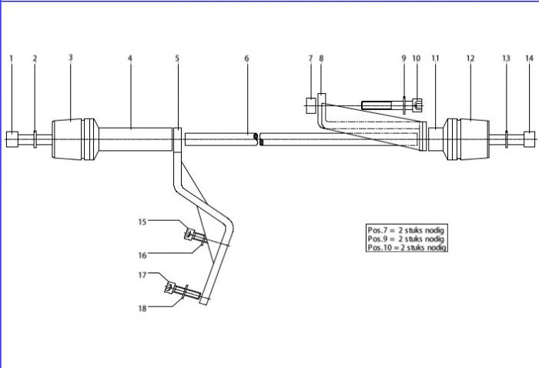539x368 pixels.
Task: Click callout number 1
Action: pyautogui.click(x=12, y=58)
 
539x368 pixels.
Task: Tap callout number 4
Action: pyautogui.click(x=130, y=58)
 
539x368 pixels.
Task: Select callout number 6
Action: pyautogui.click(x=247, y=58)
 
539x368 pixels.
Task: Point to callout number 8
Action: pyautogui.click(x=321, y=58)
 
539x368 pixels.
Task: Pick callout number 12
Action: pyautogui.click(x=470, y=58)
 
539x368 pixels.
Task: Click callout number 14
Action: pyautogui.click(x=529, y=58)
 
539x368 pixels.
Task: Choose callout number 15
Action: pyautogui.click(x=142, y=222)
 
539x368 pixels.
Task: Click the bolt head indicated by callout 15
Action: pyautogui.click(x=189, y=235)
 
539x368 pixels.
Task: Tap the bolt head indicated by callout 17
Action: pyautogui.click(x=169, y=289)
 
